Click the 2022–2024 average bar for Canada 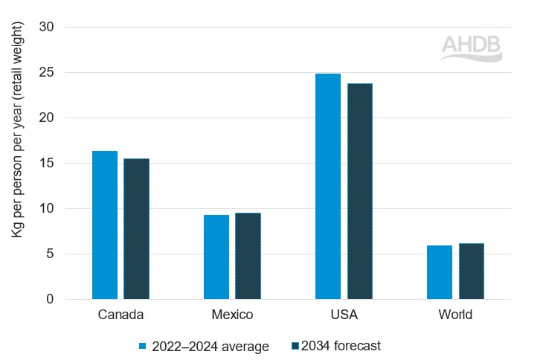coord(105,225)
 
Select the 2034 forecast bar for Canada coord(136,228)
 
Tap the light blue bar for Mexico coord(216,257)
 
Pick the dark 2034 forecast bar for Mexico coord(248,256)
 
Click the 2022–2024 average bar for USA coord(328,186)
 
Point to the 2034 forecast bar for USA coord(359,191)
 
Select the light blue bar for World coord(440,272)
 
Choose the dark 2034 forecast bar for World coord(471,271)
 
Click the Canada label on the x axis coord(121,315)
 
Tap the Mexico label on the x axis coord(232,315)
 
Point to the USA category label coord(344,315)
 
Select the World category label coord(455,315)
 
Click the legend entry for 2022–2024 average coord(204,346)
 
